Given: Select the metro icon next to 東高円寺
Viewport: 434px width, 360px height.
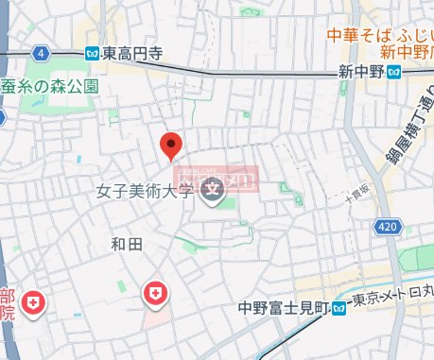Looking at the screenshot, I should [x=92, y=54].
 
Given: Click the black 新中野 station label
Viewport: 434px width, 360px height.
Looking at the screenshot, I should [x=364, y=72].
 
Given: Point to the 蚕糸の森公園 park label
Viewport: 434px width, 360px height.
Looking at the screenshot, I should [x=50, y=85].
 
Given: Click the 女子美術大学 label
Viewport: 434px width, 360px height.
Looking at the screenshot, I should [x=146, y=192].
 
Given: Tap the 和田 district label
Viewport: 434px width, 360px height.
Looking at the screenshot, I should [x=126, y=245].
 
